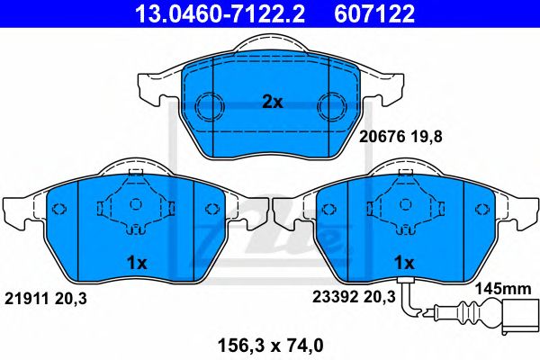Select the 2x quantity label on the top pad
[x=272, y=103]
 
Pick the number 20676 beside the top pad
[x=379, y=139]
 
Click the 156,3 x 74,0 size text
[x=271, y=342]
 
